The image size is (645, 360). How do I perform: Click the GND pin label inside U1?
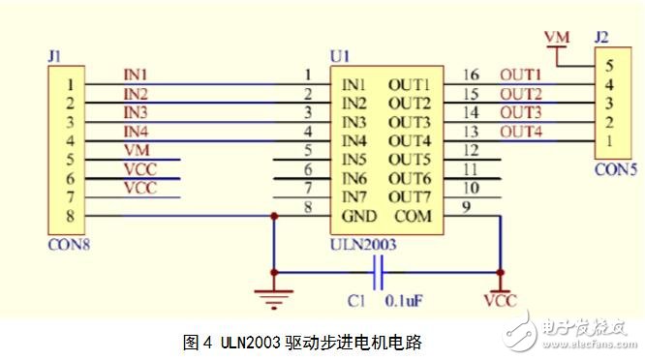[359, 215]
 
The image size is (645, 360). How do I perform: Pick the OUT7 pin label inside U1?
[409, 196]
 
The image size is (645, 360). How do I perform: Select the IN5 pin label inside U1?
[353, 159]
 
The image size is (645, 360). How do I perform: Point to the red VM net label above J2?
[557, 37]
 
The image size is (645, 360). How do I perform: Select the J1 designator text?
[54, 58]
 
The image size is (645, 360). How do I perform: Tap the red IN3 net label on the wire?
[137, 112]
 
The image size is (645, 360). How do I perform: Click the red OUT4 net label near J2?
[521, 131]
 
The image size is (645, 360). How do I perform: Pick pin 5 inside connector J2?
[607, 67]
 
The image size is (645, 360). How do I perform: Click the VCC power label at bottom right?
[499, 302]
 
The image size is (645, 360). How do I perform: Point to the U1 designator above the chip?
[339, 56]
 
